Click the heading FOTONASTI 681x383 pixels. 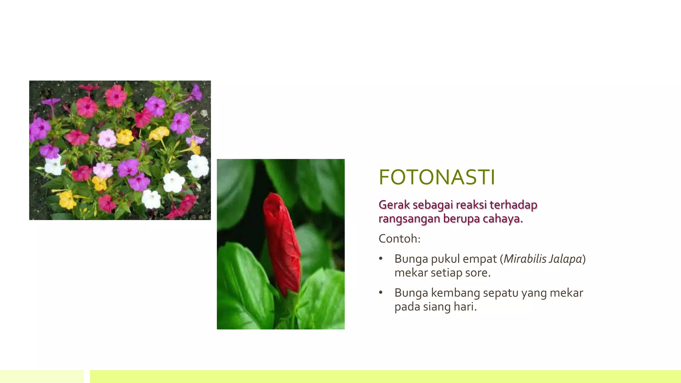[437, 177]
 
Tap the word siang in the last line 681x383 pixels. [437, 307]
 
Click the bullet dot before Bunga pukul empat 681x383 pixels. [381, 259]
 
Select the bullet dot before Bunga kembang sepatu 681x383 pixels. [381, 293]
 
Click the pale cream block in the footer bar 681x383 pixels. [42, 376]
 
